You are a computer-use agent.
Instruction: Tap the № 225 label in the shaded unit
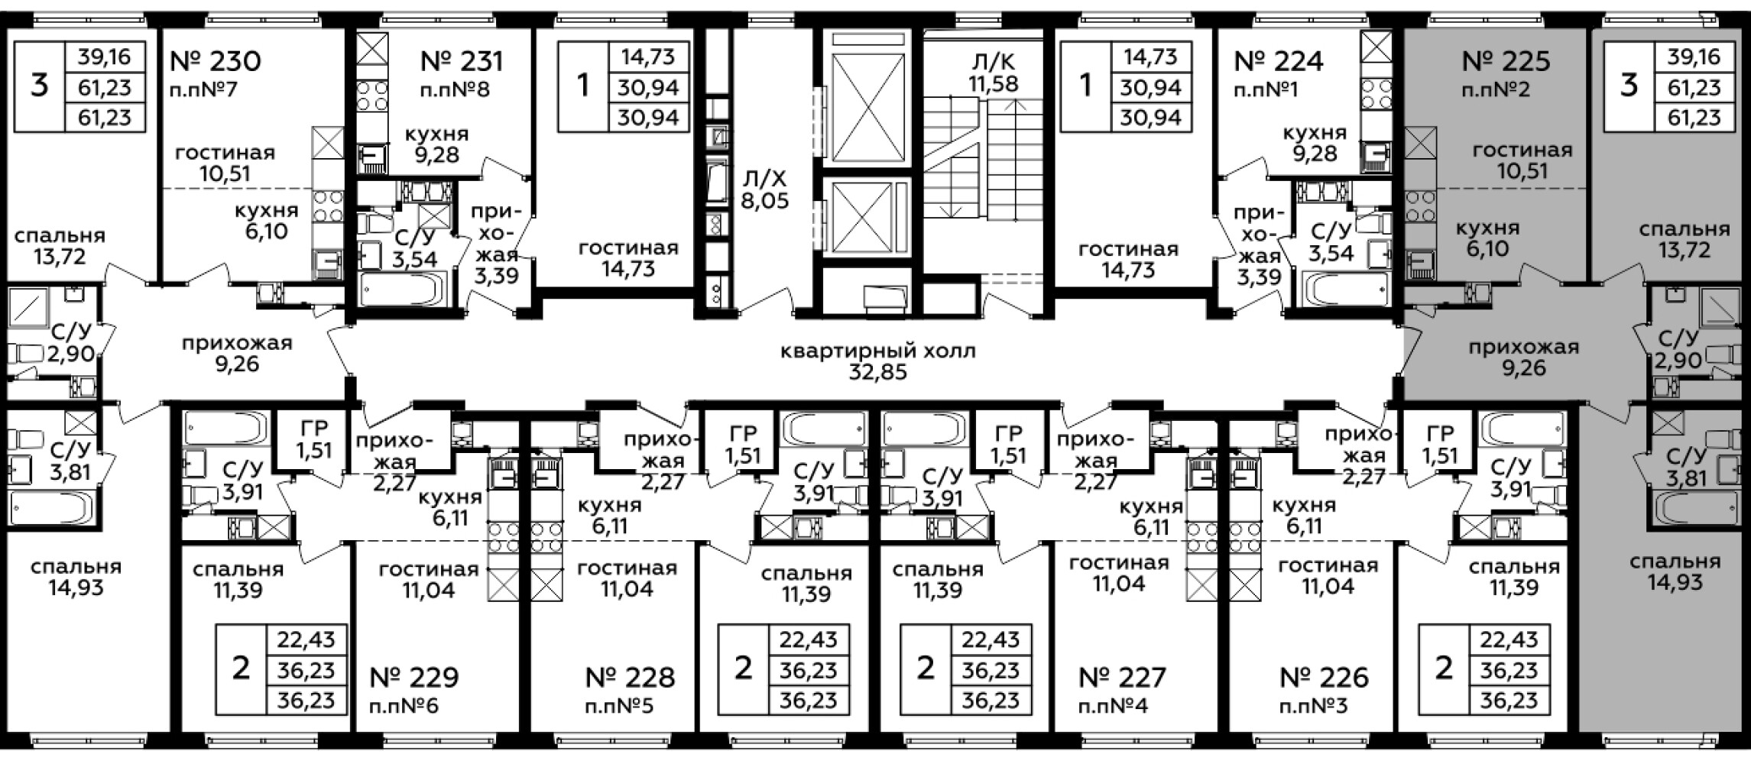1506,60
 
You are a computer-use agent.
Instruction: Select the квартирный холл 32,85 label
878,362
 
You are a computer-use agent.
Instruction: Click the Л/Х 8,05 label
764,190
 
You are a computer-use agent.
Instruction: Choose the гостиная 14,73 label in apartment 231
628,259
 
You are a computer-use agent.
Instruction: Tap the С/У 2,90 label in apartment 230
70,342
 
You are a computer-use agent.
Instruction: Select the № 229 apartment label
413,677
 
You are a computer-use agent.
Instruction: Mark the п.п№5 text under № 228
619,706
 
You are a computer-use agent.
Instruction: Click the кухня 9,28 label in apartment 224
1315,144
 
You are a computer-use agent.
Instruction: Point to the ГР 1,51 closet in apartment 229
314,441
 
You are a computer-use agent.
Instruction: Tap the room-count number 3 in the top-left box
39,86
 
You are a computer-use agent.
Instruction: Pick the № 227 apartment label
1123,677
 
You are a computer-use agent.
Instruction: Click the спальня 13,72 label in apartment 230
60,246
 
